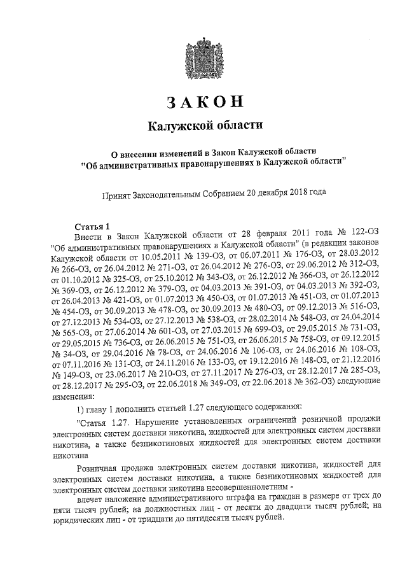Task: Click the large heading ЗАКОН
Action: [204, 102]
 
